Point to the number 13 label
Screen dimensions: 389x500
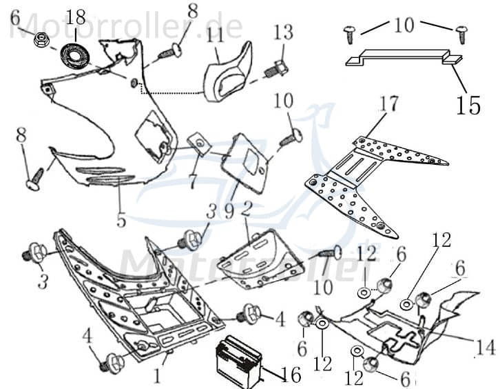[x=282, y=32]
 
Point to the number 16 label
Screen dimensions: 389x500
[x=291, y=375]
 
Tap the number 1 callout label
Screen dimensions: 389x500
[x=157, y=377]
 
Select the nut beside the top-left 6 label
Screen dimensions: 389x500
[x=40, y=41]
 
